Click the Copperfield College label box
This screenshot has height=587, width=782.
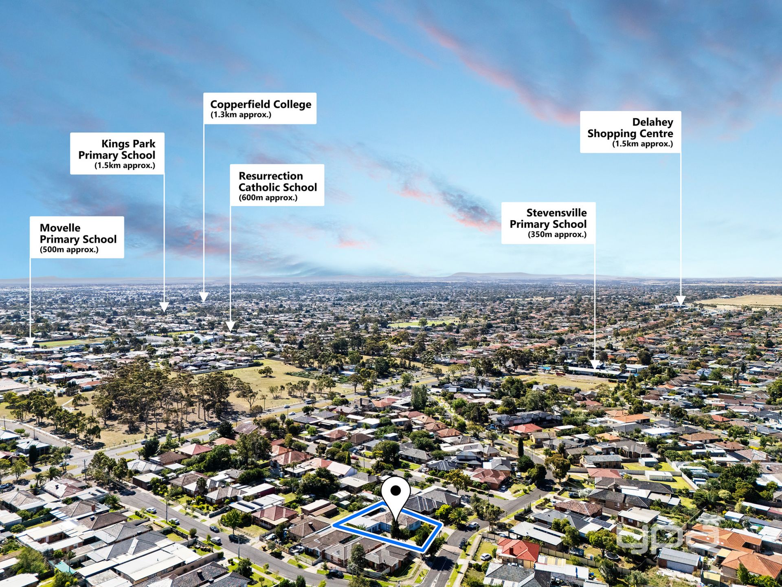tap(260, 108)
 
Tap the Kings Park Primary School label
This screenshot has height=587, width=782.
tap(117, 154)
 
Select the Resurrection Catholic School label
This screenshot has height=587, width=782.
tap(277, 185)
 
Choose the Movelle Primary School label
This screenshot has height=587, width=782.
tap(77, 237)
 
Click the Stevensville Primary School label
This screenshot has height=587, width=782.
tap(548, 223)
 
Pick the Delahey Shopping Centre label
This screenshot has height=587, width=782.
tap(630, 132)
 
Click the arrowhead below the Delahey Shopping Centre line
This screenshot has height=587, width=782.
tap(680, 301)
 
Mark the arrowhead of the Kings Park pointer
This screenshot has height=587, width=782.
tap(164, 307)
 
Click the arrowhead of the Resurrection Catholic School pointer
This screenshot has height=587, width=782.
tap(231, 326)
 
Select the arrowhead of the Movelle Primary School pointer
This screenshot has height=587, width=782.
tap(30, 341)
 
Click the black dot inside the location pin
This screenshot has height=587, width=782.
tap(395, 491)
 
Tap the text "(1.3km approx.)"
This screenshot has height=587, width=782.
tap(241, 115)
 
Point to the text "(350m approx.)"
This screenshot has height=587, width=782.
tap(557, 234)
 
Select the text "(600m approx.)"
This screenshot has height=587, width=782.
tap(268, 198)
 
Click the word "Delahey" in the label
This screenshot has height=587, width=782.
tap(652, 122)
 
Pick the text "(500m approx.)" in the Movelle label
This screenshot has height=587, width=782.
tap(69, 250)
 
